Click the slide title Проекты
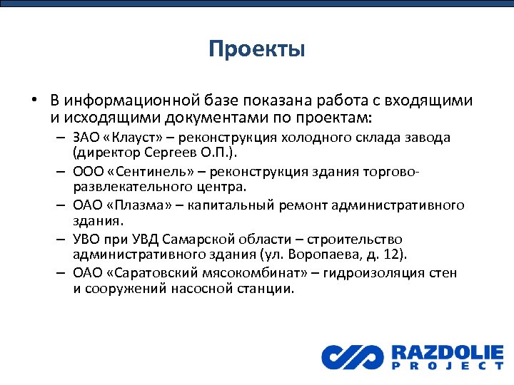click(x=257, y=49)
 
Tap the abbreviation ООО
click(x=87, y=172)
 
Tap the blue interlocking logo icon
click(x=352, y=356)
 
